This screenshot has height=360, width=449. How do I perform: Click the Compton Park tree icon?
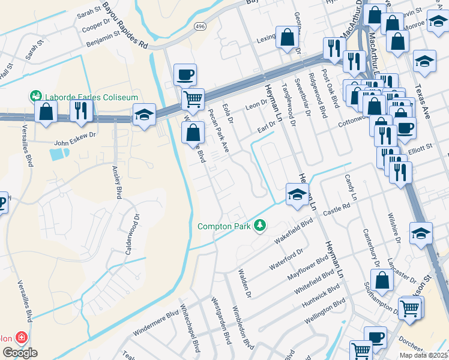260,226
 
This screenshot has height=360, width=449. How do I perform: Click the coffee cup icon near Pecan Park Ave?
185,75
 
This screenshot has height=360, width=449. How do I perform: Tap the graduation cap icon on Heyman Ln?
297,195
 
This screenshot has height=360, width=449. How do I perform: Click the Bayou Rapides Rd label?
125,25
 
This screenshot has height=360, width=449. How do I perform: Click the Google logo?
19,353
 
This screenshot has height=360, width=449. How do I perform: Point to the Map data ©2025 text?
423,355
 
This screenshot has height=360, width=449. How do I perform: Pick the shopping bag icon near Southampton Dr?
382,280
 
